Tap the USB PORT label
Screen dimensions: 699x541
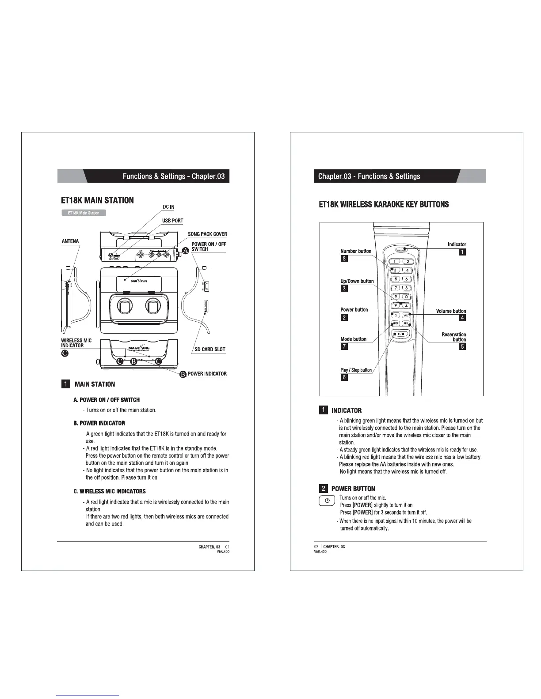(x=172, y=221)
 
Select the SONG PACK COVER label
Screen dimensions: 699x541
(x=207, y=234)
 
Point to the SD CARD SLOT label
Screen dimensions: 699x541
(x=210, y=349)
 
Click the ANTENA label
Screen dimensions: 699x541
(x=70, y=241)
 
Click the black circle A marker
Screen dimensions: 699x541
(x=185, y=250)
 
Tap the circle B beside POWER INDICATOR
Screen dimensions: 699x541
(x=183, y=375)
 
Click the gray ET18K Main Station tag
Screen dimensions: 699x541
(x=84, y=213)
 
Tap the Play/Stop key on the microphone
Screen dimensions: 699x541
(x=400, y=334)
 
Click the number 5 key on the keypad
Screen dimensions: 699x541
(x=396, y=279)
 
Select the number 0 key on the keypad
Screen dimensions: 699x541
(x=406, y=297)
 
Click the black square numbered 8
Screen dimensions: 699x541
(x=344, y=259)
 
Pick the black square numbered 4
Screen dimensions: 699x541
(x=462, y=318)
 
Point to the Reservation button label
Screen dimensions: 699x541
(x=453, y=337)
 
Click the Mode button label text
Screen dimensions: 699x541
(x=353, y=339)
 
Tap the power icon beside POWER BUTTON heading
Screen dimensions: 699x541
(x=327, y=501)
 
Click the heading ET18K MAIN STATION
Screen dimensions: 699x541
(x=97, y=200)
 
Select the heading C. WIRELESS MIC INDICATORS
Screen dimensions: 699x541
(x=109, y=491)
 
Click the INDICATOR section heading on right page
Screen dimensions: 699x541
(x=346, y=410)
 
